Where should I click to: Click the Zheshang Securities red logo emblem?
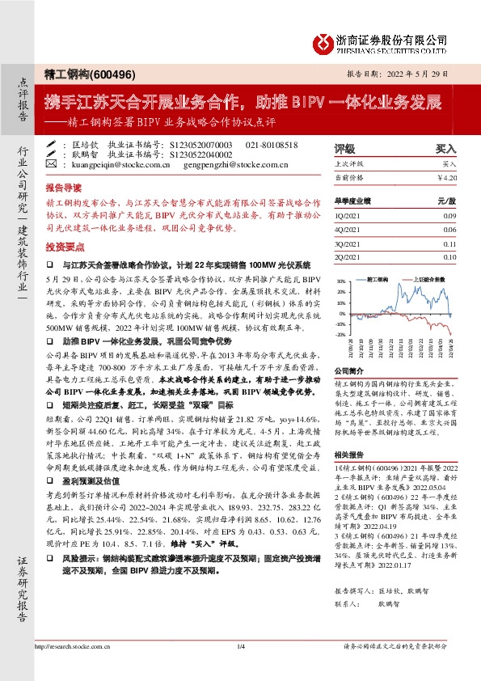[323, 42]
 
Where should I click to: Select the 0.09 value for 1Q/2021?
[449, 217]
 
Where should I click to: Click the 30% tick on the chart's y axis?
[341, 282]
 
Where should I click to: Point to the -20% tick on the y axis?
[340, 334]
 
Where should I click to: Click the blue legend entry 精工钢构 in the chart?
[377, 278]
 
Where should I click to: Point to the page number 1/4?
[240, 624]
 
